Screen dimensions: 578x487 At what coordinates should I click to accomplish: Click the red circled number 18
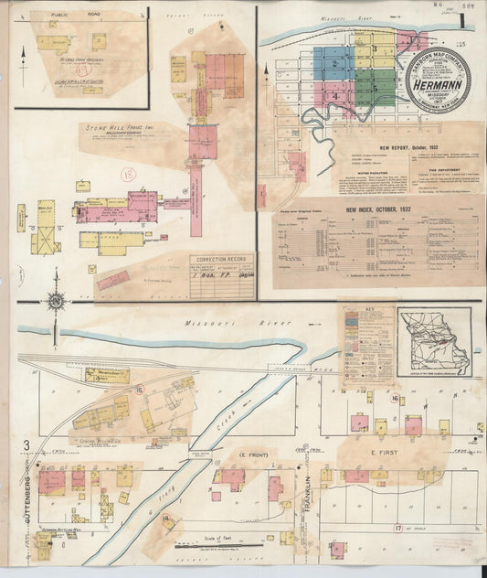point(129,173)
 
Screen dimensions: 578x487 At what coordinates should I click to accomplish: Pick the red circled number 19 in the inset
point(82,69)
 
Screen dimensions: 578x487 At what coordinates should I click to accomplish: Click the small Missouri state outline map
point(435,341)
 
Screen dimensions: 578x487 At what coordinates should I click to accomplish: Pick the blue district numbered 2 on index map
point(335,64)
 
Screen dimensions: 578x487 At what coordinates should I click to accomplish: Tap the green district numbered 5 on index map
point(375,88)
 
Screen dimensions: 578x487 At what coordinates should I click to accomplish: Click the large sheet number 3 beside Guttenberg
point(27,445)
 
